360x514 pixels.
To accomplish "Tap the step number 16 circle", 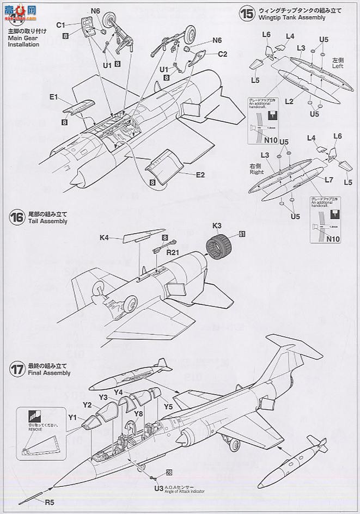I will [x=17, y=218].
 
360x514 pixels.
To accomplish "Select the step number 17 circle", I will [x=17, y=369].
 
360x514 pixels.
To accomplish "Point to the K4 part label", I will [x=105, y=237].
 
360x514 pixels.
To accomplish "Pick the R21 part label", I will [x=173, y=252].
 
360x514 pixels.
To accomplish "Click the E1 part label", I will [x=53, y=97].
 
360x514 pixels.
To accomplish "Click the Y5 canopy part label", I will [x=168, y=406].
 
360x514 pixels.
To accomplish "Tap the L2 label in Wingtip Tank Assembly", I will [x=289, y=101].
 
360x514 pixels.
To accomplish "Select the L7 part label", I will [x=328, y=179].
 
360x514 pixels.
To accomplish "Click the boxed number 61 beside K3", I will [x=241, y=234].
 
